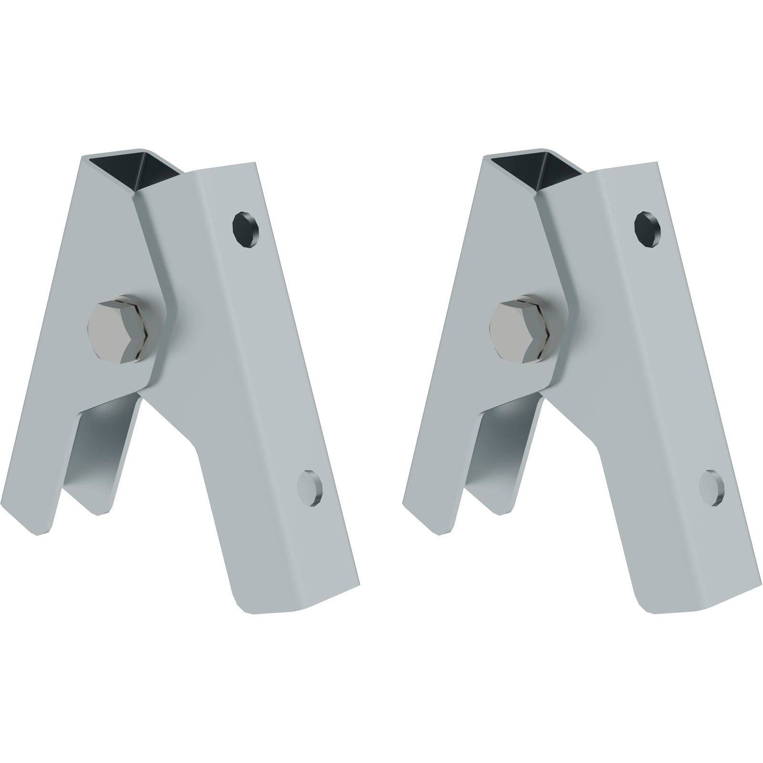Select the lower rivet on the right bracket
coord(711,487)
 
